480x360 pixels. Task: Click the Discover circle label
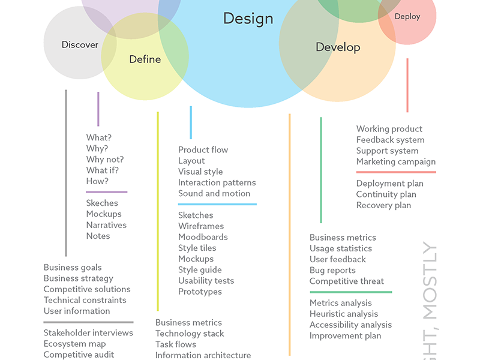tap(80, 45)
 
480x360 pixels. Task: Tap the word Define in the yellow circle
tap(145, 59)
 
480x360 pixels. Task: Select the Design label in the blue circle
tap(248, 19)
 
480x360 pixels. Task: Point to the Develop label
tap(338, 47)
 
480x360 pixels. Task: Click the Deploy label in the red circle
tap(407, 17)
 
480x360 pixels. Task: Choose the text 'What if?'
tap(103, 170)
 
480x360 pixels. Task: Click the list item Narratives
tap(106, 225)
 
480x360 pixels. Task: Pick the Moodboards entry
tap(203, 237)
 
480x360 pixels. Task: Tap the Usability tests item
tap(206, 281)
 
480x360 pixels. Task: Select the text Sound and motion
tap(214, 193)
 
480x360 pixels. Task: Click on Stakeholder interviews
tap(88, 332)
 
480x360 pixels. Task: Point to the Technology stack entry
tap(190, 334)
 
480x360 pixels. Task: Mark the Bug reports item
tap(332, 270)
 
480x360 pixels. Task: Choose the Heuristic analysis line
tap(344, 314)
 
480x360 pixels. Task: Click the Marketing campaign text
tap(396, 161)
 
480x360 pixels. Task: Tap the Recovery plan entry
tap(383, 205)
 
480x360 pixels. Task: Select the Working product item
tap(389, 129)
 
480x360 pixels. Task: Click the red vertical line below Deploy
tap(407, 85)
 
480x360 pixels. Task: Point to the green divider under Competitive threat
tap(350, 292)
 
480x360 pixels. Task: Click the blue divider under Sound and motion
tap(217, 205)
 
